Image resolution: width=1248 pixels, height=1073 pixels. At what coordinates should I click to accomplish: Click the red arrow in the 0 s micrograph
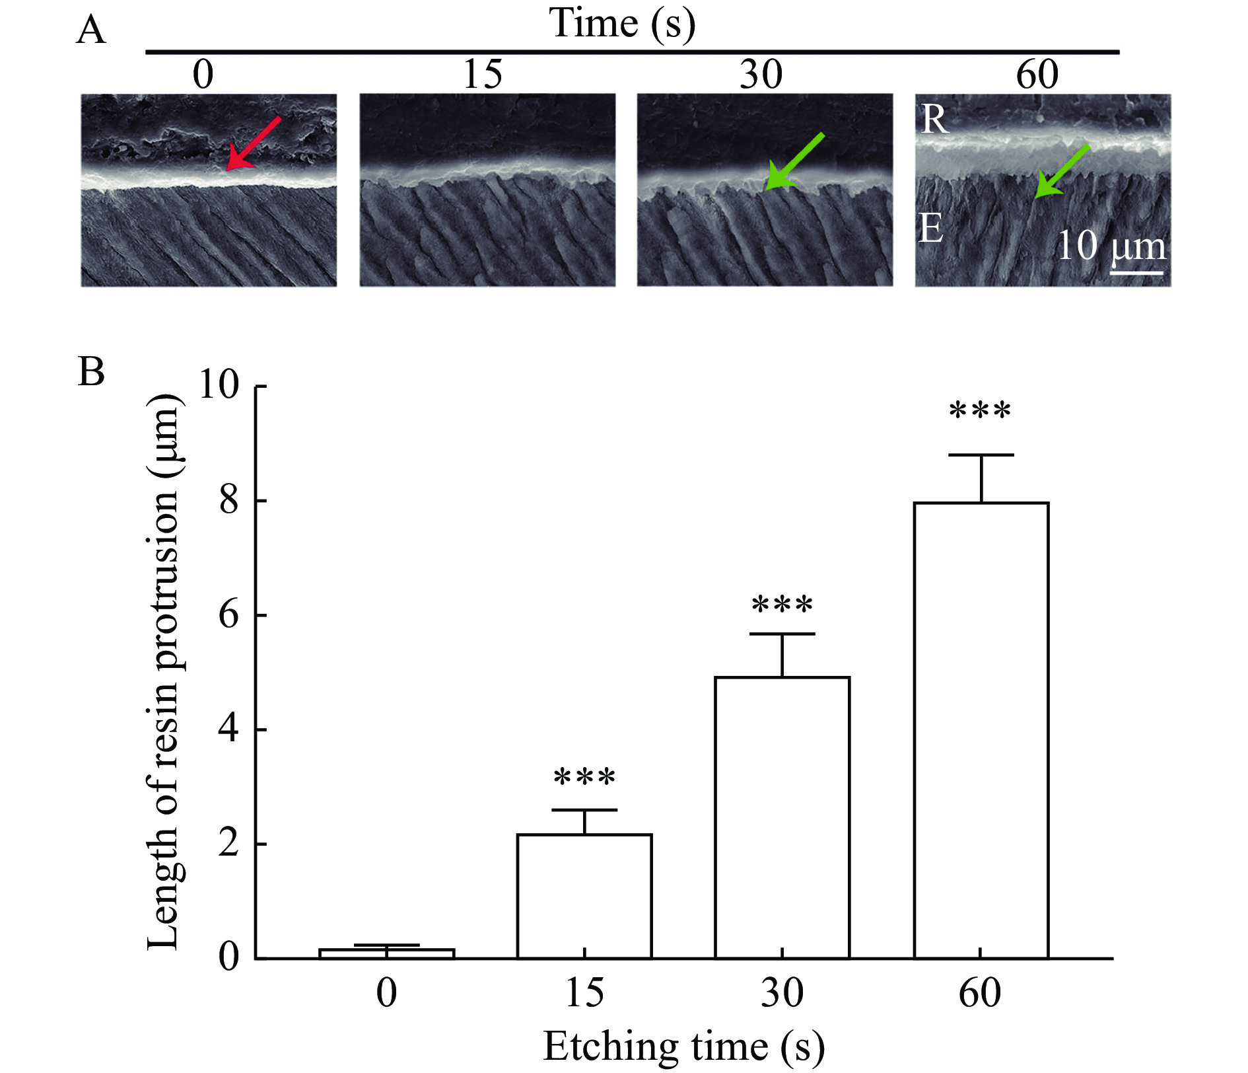253,144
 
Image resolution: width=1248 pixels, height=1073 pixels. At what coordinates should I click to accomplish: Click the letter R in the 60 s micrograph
934,120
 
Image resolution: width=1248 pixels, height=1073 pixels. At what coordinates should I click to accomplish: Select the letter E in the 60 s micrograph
931,229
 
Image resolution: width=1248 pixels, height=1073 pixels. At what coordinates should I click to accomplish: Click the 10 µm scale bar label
1111,246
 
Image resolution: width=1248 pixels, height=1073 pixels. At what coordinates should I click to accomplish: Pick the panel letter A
90,30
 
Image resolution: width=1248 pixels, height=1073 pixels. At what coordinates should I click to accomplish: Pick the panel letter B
91,371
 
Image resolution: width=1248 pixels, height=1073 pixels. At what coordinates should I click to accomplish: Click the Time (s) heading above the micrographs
622,24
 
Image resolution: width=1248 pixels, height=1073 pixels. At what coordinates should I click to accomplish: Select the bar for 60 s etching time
981,730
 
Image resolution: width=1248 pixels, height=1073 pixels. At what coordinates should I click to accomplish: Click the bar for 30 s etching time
782,817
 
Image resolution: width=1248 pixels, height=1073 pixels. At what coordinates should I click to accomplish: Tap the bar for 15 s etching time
584,896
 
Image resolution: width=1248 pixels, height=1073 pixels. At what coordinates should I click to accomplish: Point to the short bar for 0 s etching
386,953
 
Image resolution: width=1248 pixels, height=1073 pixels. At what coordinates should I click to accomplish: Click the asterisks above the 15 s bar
584,778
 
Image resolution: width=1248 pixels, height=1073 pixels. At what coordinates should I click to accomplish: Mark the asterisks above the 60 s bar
980,412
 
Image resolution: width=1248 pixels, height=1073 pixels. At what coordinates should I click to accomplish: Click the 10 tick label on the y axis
219,385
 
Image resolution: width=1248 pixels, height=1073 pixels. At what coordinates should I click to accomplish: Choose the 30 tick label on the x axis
782,993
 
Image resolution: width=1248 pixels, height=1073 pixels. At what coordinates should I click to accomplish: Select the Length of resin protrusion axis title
163,672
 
